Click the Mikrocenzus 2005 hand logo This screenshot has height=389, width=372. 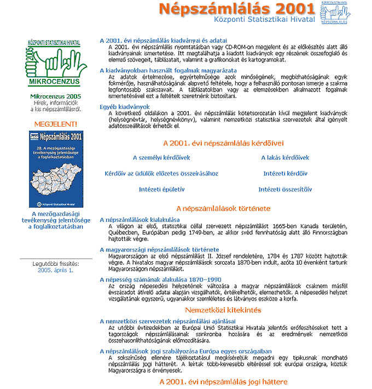click(x=53, y=62)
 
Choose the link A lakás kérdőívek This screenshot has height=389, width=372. click(x=284, y=158)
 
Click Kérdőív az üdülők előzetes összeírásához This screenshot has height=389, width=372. click(x=161, y=174)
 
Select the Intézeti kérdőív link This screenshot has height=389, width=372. click(x=284, y=174)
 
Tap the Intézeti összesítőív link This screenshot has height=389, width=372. click(x=284, y=190)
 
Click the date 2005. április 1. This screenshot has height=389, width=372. click(x=55, y=270)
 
